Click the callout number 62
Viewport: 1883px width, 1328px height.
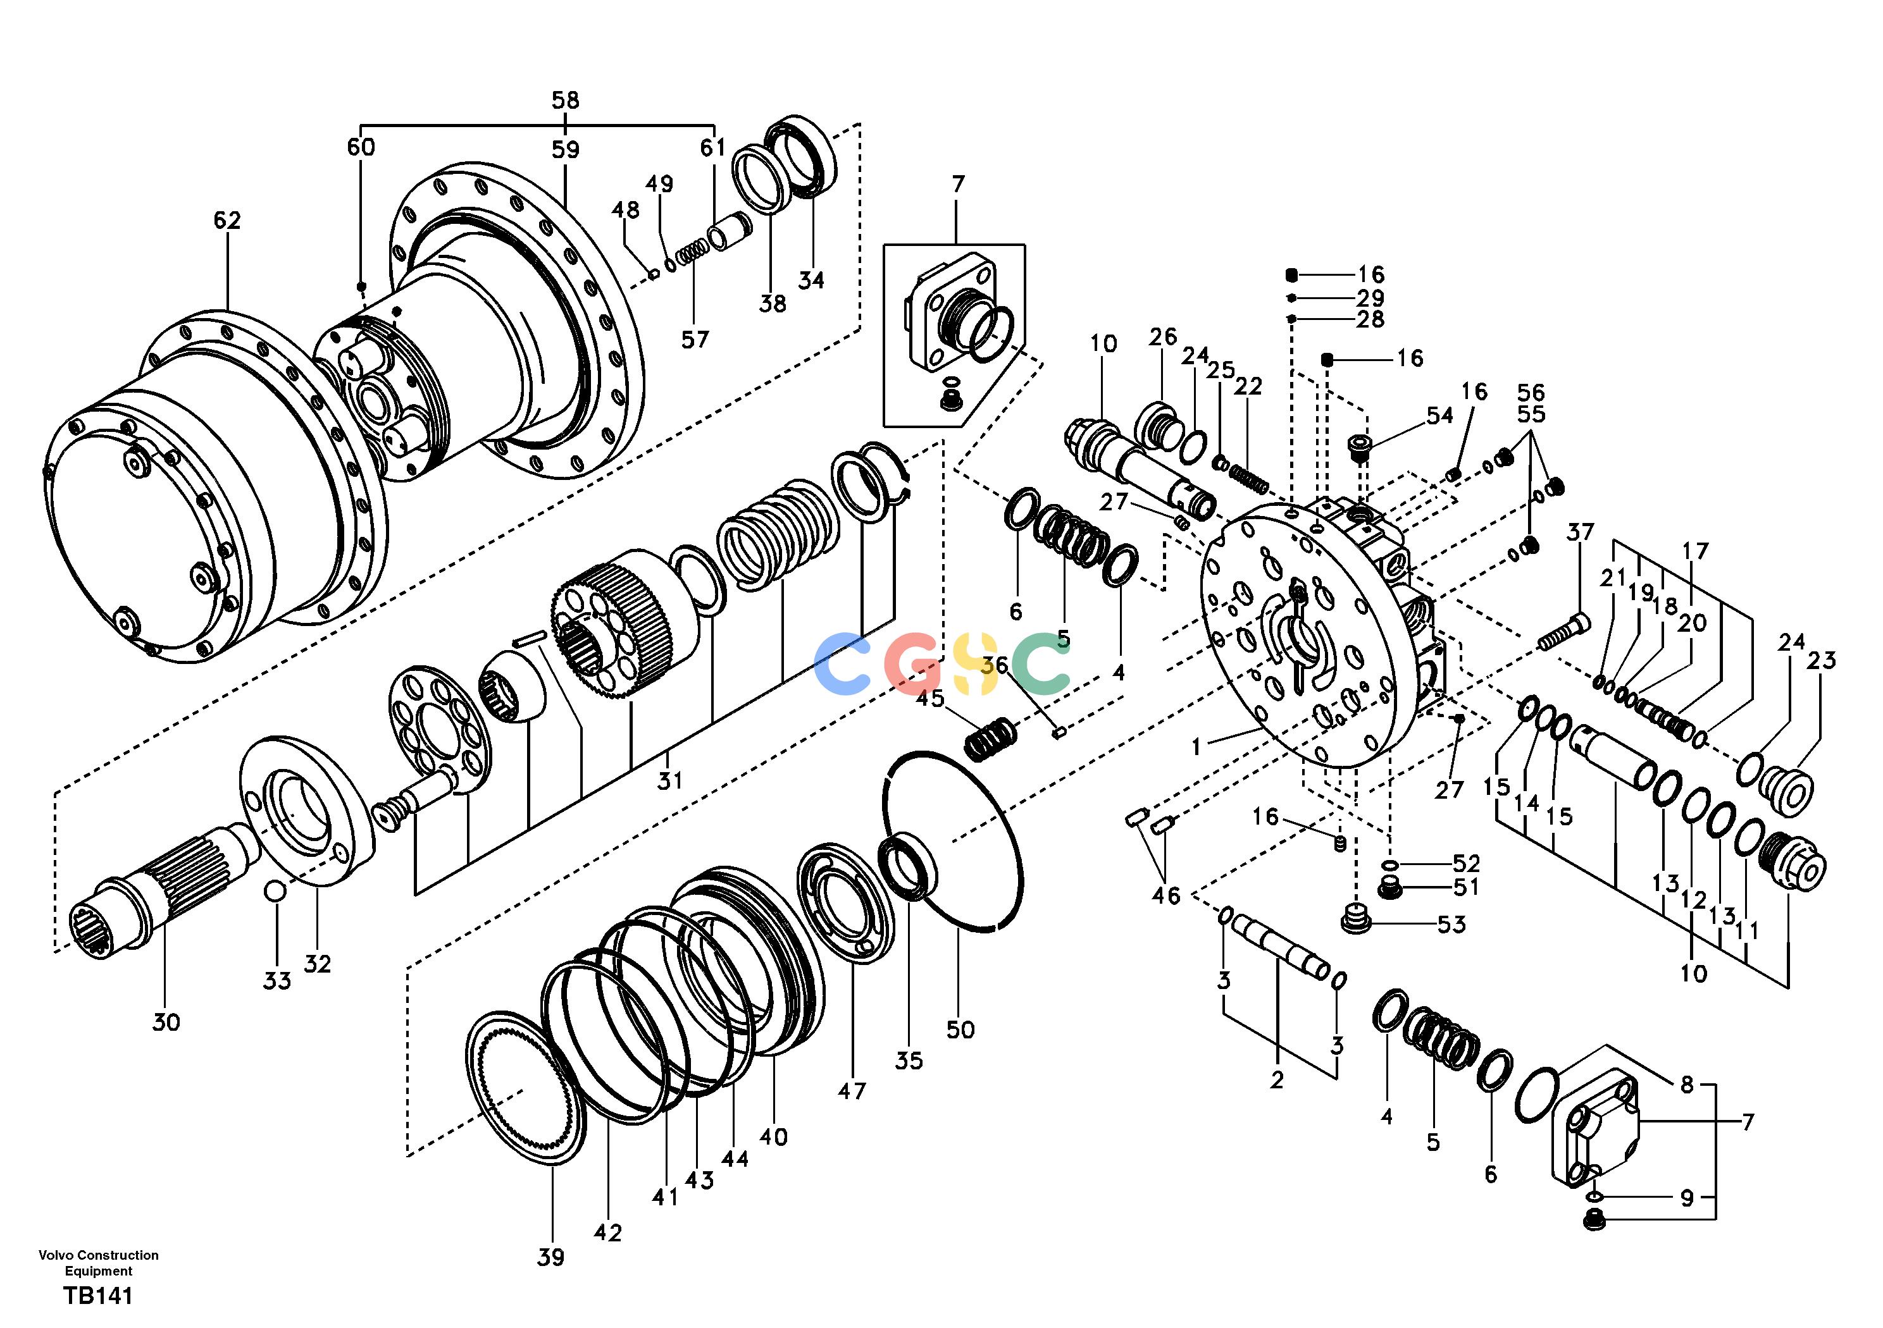click(227, 221)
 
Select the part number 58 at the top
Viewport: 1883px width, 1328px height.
click(565, 100)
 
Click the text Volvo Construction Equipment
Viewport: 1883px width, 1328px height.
click(99, 1263)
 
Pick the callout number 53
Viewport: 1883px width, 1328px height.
click(1451, 925)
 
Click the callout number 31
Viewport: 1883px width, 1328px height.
click(669, 780)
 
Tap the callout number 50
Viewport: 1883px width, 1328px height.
click(960, 1030)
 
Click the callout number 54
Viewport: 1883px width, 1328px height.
click(1439, 415)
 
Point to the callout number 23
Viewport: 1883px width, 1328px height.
click(1822, 660)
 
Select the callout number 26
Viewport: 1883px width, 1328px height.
click(1163, 337)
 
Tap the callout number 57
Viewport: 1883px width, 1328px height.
click(695, 340)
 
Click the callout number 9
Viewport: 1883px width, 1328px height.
click(1687, 1198)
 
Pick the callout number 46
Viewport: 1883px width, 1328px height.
click(1165, 896)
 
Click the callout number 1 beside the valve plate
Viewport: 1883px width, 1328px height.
click(1196, 747)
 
